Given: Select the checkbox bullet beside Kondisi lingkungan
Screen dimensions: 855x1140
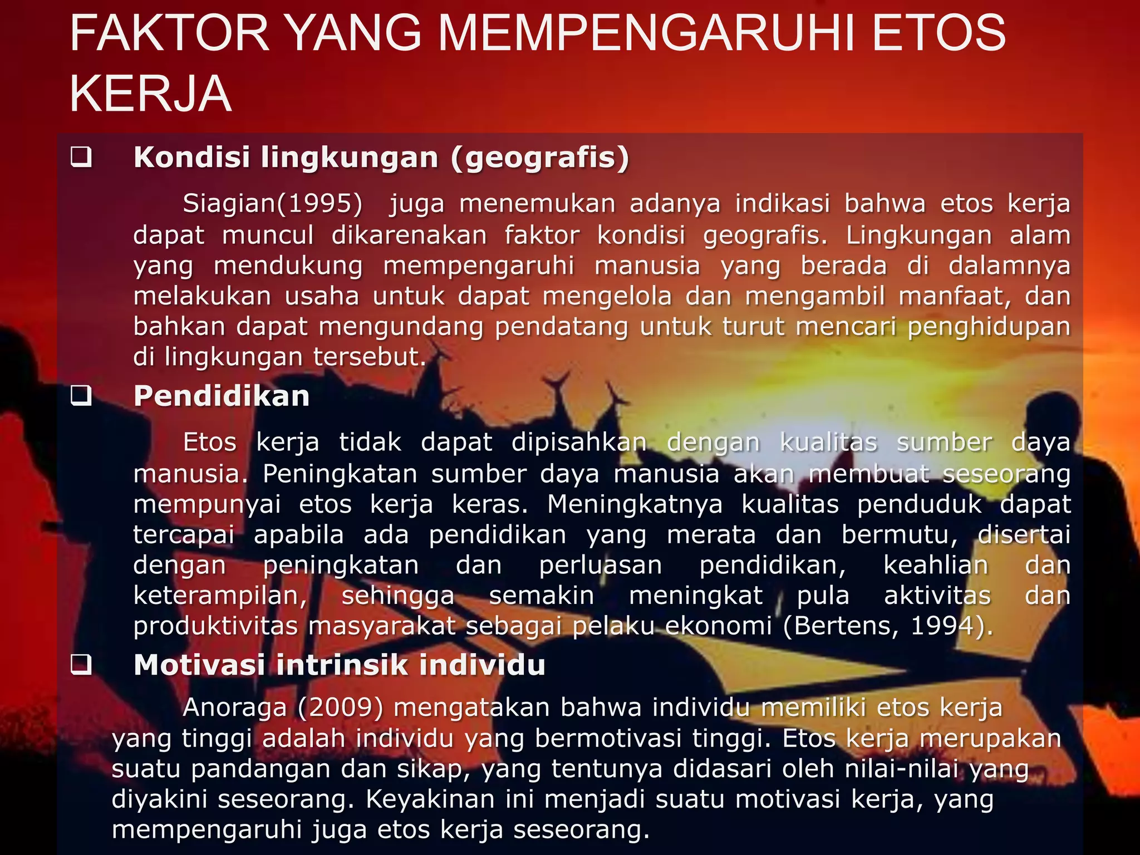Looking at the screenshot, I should coord(81,158).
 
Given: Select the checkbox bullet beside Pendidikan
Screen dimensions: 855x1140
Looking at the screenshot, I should coord(81,396).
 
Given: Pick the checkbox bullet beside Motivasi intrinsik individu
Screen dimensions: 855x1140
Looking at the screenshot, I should coord(81,665).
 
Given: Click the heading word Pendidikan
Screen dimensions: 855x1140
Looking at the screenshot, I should coord(221,396).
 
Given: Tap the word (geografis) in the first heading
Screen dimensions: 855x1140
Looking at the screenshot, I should coord(540,158).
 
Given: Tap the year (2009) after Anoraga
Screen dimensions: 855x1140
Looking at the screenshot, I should coord(340,707).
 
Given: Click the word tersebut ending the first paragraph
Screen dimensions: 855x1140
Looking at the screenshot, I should coord(370,357).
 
